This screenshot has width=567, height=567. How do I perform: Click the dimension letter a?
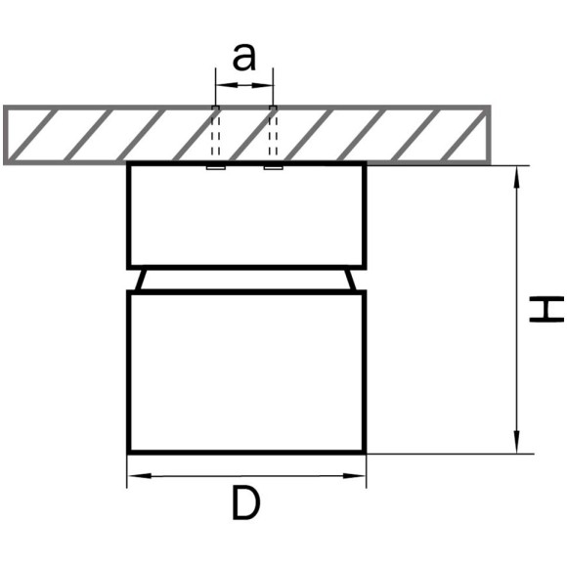click(x=244, y=58)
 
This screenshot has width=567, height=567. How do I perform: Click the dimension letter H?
click(x=546, y=309)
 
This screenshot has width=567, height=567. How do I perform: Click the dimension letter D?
click(x=246, y=503)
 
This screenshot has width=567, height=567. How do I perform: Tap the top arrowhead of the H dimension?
click(x=517, y=177)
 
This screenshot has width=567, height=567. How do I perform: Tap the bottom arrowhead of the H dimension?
click(x=517, y=442)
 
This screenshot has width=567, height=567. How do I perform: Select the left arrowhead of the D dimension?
click(x=140, y=476)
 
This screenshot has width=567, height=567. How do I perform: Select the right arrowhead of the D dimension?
click(x=354, y=476)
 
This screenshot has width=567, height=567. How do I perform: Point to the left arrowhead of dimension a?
click(x=227, y=85)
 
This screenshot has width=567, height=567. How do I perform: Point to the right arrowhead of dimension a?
click(x=263, y=85)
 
